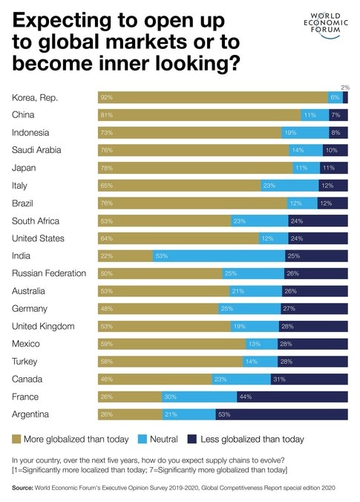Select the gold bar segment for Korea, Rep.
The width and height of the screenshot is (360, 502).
[x=212, y=97]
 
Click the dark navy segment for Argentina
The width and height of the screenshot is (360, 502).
[x=281, y=414]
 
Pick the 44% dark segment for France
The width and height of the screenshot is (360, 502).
[x=292, y=397]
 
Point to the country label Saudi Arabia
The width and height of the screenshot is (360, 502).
[x=37, y=150]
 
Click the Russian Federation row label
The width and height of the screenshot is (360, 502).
[x=49, y=273]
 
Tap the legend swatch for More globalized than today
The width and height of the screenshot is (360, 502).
[x=17, y=440]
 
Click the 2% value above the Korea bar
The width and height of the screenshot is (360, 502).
[x=344, y=87]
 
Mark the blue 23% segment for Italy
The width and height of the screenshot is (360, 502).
[x=289, y=185]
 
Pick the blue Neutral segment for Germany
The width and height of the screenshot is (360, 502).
[x=249, y=308]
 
